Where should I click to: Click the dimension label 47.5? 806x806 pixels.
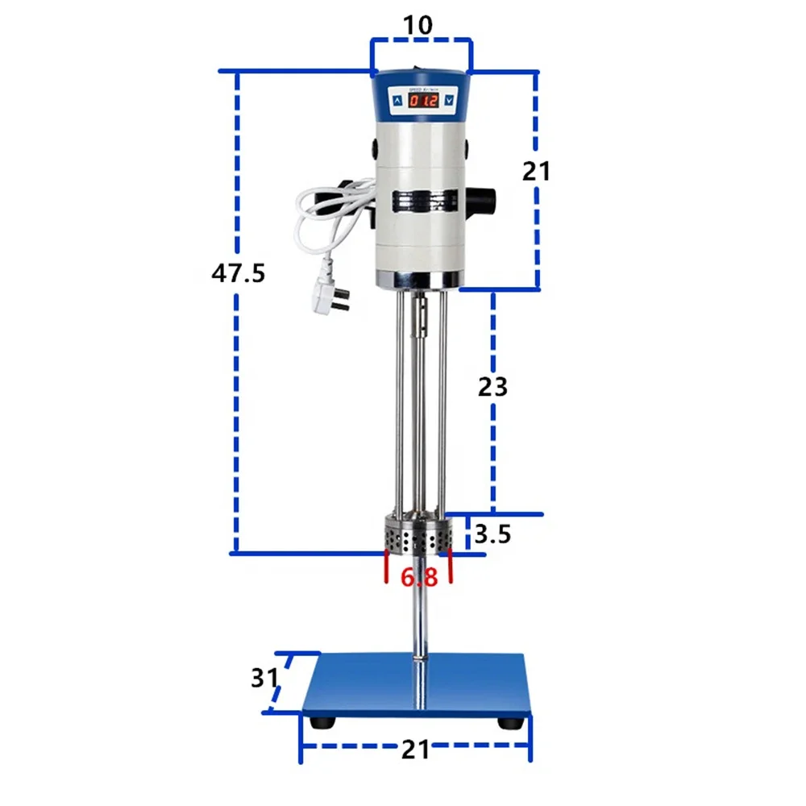tap(238, 273)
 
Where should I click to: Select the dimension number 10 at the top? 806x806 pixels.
tap(419, 24)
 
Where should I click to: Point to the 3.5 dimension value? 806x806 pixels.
tap(492, 534)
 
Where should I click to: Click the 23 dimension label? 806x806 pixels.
tap(492, 387)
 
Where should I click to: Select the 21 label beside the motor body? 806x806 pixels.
tap(536, 171)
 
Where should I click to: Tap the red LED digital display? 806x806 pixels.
tap(423, 101)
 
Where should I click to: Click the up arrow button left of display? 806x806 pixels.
tap(398, 101)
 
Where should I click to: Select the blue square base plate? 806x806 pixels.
tap(417, 685)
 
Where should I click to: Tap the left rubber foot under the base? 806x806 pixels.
tap(324, 721)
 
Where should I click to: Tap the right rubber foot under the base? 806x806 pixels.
tap(510, 722)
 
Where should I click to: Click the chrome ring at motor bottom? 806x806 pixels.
tap(419, 280)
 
